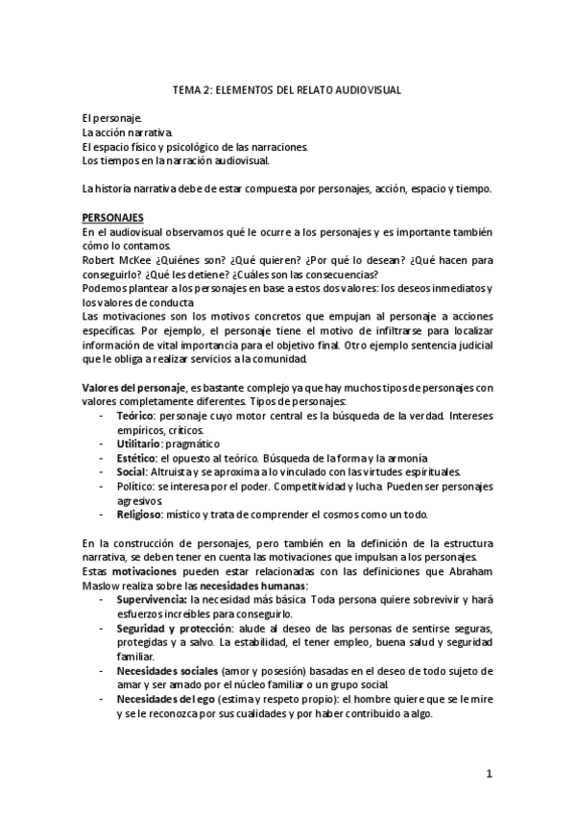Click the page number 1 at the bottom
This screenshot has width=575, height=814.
point(489,773)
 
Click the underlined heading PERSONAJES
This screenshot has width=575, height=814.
point(112,219)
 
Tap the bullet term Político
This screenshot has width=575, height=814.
point(135,486)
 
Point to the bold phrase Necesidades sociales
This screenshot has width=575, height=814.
point(166,668)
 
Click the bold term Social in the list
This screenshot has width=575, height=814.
point(131,471)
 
